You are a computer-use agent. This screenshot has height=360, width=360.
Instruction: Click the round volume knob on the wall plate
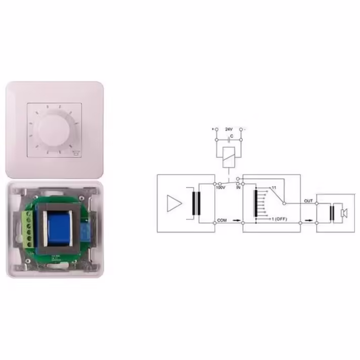54,129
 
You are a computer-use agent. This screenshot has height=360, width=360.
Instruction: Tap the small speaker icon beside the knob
76,152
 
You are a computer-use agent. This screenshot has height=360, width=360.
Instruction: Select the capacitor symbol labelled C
231,139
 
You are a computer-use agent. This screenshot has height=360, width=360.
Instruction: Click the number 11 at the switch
274,188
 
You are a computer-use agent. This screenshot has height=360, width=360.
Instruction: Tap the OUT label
308,201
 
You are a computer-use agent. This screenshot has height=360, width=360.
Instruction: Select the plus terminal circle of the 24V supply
216,129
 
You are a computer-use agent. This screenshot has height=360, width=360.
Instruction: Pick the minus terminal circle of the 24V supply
241,129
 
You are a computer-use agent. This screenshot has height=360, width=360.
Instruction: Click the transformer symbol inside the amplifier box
195,203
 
